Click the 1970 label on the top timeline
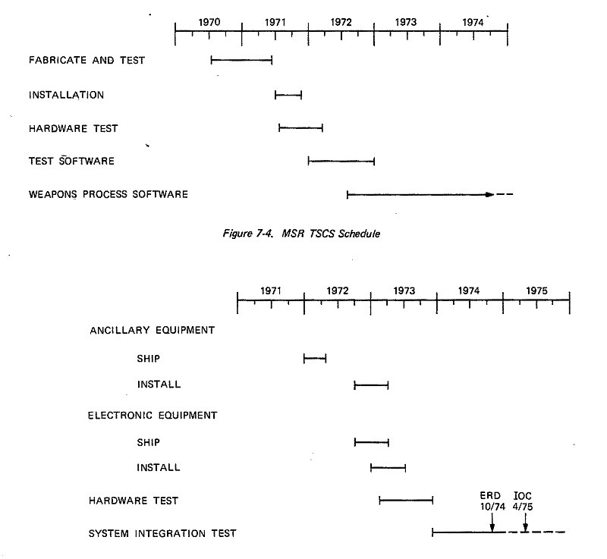coord(209,22)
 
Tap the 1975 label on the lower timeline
coord(536,291)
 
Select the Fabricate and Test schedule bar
coord(241,60)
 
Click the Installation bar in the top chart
coord(288,95)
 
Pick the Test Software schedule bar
coord(341,161)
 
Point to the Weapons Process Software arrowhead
coord(489,195)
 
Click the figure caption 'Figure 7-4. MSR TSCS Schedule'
coord(301,234)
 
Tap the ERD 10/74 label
coord(492,501)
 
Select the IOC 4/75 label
coord(523,501)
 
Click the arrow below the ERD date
coord(492,523)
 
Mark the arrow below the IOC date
coord(525,523)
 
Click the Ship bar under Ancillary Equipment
coord(315,359)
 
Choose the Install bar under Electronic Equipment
coord(388,468)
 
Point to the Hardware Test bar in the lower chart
coord(406,501)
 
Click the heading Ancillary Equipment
coord(153,331)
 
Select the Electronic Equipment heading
coord(153,416)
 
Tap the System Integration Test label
coord(162,533)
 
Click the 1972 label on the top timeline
coord(341,22)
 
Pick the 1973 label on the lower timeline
coord(404,291)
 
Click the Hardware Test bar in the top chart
coord(300,128)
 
